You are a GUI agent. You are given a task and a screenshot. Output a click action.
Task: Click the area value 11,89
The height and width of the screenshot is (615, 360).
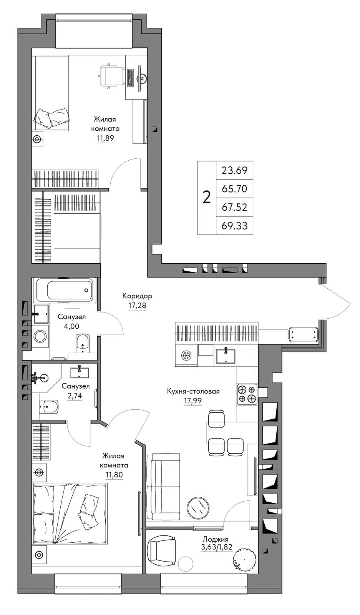[x=105, y=138]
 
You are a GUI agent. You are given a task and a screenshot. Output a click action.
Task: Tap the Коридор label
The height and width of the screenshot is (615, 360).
[x=137, y=296]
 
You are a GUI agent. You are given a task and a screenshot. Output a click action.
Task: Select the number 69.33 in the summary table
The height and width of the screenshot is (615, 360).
[x=235, y=226]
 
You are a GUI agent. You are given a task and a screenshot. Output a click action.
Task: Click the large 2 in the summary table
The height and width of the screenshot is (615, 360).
[x=207, y=198]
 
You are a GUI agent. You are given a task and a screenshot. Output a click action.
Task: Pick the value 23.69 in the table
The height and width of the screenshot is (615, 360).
[x=235, y=171]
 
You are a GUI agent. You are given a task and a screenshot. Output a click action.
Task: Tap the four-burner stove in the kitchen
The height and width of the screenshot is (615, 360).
[x=247, y=394]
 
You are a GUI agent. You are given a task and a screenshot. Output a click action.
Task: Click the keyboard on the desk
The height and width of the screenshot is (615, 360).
[x=130, y=78]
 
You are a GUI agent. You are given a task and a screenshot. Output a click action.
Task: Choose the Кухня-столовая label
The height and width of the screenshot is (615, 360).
[x=193, y=391]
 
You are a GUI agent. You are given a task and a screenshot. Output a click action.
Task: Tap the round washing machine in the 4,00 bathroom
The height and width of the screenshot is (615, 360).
[x=40, y=336]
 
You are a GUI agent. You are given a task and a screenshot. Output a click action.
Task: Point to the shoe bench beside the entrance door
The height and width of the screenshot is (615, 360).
[x=303, y=334]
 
